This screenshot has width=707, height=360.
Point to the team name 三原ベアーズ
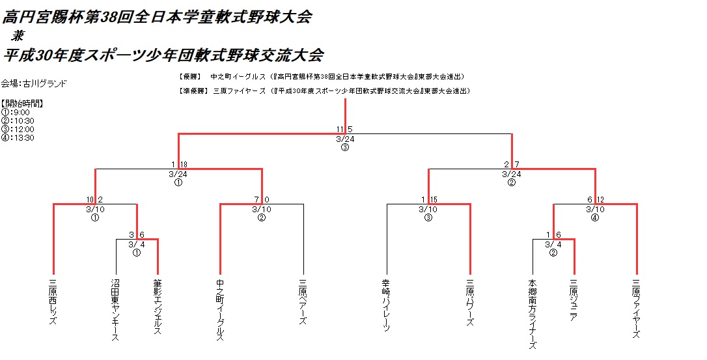[303, 302]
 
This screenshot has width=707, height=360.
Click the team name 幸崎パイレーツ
[386, 306]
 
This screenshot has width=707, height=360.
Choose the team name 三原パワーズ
[469, 302]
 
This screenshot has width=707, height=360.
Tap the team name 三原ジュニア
[574, 300]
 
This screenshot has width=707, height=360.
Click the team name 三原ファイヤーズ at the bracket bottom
[636, 309]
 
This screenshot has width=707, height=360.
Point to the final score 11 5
[344, 129]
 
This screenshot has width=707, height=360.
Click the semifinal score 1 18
[179, 165]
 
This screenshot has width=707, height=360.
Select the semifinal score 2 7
[511, 165]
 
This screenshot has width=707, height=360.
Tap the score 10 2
[95, 199]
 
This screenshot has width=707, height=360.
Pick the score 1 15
[428, 199]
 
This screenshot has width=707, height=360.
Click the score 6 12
[594, 199]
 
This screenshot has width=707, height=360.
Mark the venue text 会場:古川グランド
[33, 83]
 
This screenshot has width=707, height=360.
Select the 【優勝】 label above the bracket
[190, 76]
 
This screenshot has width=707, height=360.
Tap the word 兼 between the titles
[18, 36]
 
